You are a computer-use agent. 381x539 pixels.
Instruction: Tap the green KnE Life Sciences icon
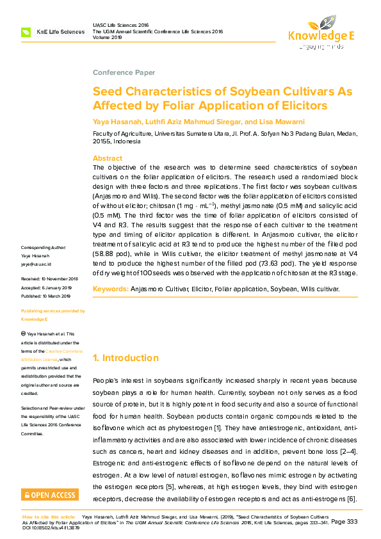tap(26, 31)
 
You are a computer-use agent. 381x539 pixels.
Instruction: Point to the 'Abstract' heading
tap(108, 158)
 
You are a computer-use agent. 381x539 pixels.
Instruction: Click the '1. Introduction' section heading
tap(126, 358)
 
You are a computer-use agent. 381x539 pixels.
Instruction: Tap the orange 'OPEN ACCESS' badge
tap(50, 495)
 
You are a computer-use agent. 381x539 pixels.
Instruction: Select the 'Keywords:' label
tap(111, 289)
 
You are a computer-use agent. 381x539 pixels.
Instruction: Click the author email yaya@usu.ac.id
tap(36, 264)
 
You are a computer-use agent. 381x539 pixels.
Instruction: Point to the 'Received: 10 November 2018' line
tap(49, 279)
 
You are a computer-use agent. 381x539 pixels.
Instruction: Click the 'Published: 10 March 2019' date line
tap(46, 296)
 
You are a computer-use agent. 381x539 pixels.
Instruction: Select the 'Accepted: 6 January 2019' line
tap(46, 288)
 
